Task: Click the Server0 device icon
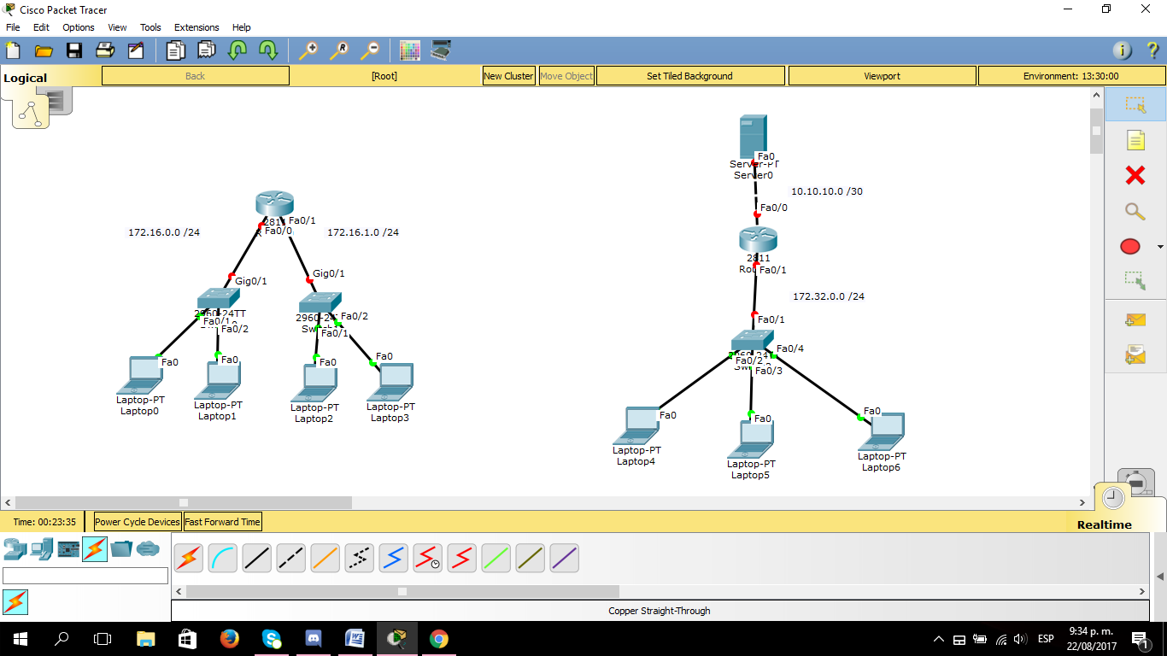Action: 753,137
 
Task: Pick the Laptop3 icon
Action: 394,381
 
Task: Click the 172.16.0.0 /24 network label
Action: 164,232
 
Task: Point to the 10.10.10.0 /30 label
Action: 826,191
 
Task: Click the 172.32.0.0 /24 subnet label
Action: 828,296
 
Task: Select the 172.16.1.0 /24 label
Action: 362,232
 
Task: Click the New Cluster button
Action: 508,76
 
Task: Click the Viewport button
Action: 882,76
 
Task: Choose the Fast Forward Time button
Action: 222,522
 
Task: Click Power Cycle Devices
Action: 138,522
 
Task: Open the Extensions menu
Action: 196,27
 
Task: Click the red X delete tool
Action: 1135,175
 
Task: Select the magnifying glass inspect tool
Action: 1135,212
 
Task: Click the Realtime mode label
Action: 1104,524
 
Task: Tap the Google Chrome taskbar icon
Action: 438,639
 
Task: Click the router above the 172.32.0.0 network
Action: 758,240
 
